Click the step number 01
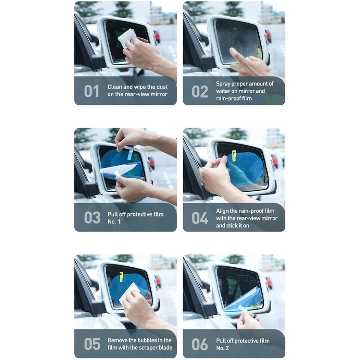point(91,91)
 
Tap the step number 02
point(200,91)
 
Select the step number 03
point(92,217)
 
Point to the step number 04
point(200,218)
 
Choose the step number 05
point(92,344)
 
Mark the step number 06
point(200,344)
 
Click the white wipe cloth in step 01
point(127,38)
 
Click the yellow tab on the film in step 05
point(121,277)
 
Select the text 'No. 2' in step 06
point(222,348)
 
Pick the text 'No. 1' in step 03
point(114,222)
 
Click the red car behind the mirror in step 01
point(157,36)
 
